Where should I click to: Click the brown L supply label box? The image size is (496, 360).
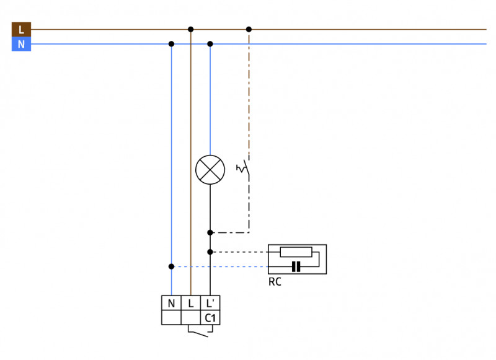click(21, 29)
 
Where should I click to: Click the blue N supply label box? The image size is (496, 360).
click(21, 44)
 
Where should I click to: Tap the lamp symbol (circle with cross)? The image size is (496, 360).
click(210, 169)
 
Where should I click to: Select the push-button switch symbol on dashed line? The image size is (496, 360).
click(244, 168)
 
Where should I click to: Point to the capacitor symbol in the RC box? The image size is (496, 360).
click(296, 266)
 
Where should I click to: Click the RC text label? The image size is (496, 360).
click(275, 282)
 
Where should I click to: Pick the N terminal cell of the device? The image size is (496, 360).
click(171, 303)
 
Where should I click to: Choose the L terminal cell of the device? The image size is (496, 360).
click(191, 303)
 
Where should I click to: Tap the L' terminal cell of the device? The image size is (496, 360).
click(211, 303)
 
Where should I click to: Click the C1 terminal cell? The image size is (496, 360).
click(211, 318)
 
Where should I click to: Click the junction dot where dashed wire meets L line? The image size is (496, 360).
click(249, 29)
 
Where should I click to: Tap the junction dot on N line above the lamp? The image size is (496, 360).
click(210, 44)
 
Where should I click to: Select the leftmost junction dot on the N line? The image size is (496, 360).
click(171, 44)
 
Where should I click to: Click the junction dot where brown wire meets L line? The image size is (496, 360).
click(191, 29)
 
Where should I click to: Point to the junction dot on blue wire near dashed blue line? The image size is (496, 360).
click(171, 266)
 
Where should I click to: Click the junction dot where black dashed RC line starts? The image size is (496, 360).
click(210, 252)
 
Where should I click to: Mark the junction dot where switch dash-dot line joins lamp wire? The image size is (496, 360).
click(210, 232)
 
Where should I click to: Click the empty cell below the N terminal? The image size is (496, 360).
click(171, 318)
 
